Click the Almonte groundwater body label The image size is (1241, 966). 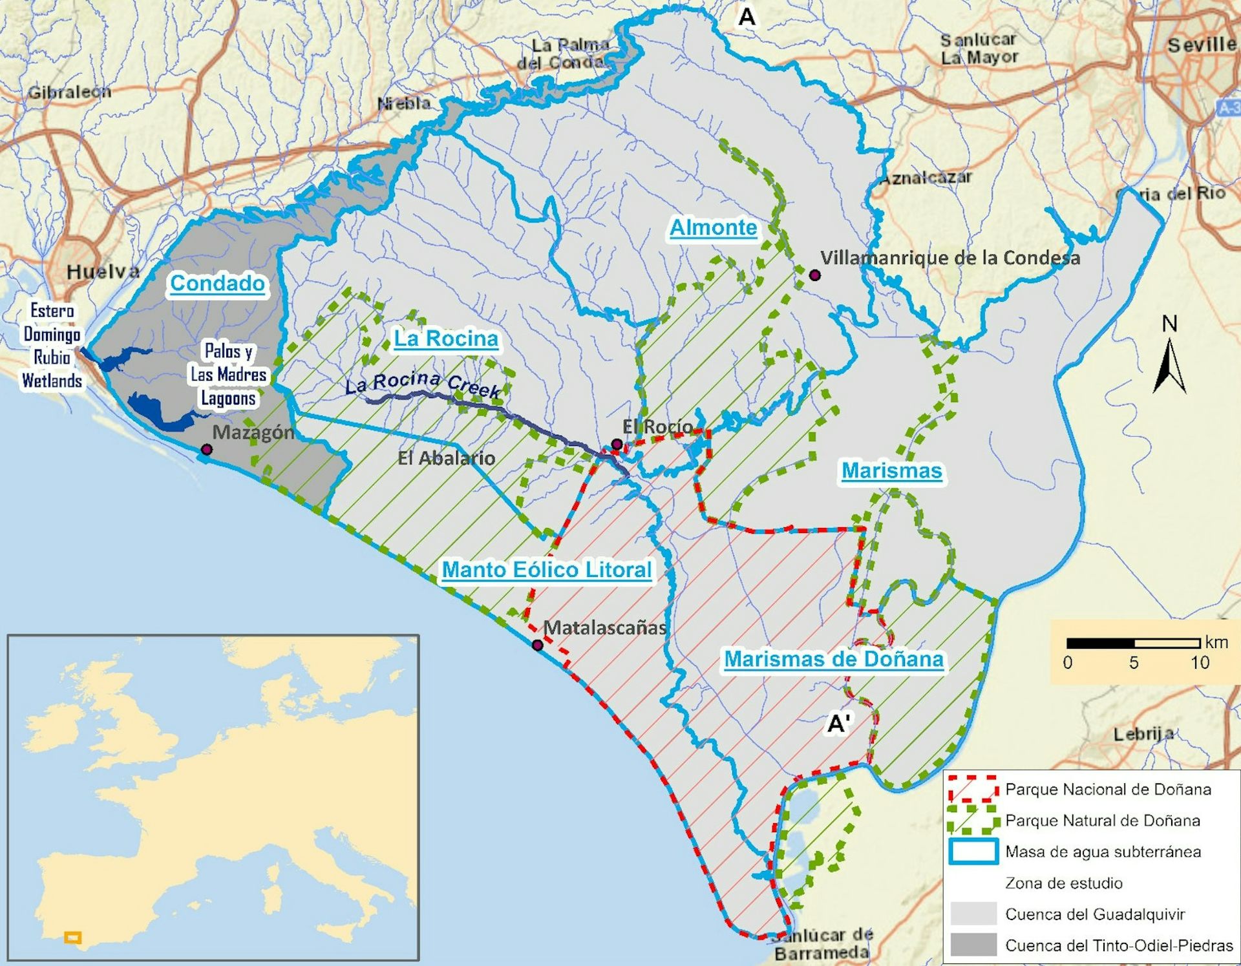(713, 227)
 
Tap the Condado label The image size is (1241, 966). (217, 283)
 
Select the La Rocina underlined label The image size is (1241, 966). (446, 339)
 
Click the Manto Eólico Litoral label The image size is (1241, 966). (547, 570)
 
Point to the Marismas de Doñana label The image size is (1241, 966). (834, 659)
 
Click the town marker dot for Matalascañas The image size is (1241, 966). (537, 644)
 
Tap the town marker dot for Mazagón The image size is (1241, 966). (206, 449)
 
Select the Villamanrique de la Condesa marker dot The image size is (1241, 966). (815, 275)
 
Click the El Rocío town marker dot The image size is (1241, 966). (617, 444)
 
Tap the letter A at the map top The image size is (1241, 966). (747, 17)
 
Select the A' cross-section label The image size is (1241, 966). (840, 724)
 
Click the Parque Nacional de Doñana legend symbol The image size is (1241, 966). (973, 790)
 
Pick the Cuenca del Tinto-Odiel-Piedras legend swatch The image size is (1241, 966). (973, 945)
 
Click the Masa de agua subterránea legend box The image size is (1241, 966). (973, 852)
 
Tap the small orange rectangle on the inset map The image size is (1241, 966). (73, 937)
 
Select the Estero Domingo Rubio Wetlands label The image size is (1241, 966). (52, 346)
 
